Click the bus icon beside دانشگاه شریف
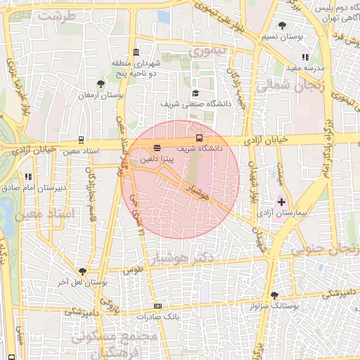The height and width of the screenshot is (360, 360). click(199, 138)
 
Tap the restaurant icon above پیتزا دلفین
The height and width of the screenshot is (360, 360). click(156, 148)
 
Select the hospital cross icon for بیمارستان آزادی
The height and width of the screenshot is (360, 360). click(282, 202)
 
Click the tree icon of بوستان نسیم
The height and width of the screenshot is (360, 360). click(282, 25)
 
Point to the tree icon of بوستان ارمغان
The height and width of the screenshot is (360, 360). click(101, 83)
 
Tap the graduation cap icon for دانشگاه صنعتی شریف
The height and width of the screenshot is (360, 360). click(195, 93)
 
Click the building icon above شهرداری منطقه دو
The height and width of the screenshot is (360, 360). click(135, 52)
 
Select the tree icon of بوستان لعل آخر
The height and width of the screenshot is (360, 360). click(83, 271)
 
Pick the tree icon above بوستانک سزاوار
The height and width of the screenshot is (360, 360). click(274, 296)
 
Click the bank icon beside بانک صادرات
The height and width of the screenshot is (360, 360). click(157, 306)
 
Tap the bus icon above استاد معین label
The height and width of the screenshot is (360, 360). click(81, 140)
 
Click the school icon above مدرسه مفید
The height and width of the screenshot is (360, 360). click(304, 57)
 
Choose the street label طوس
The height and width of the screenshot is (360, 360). click(132, 269)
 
